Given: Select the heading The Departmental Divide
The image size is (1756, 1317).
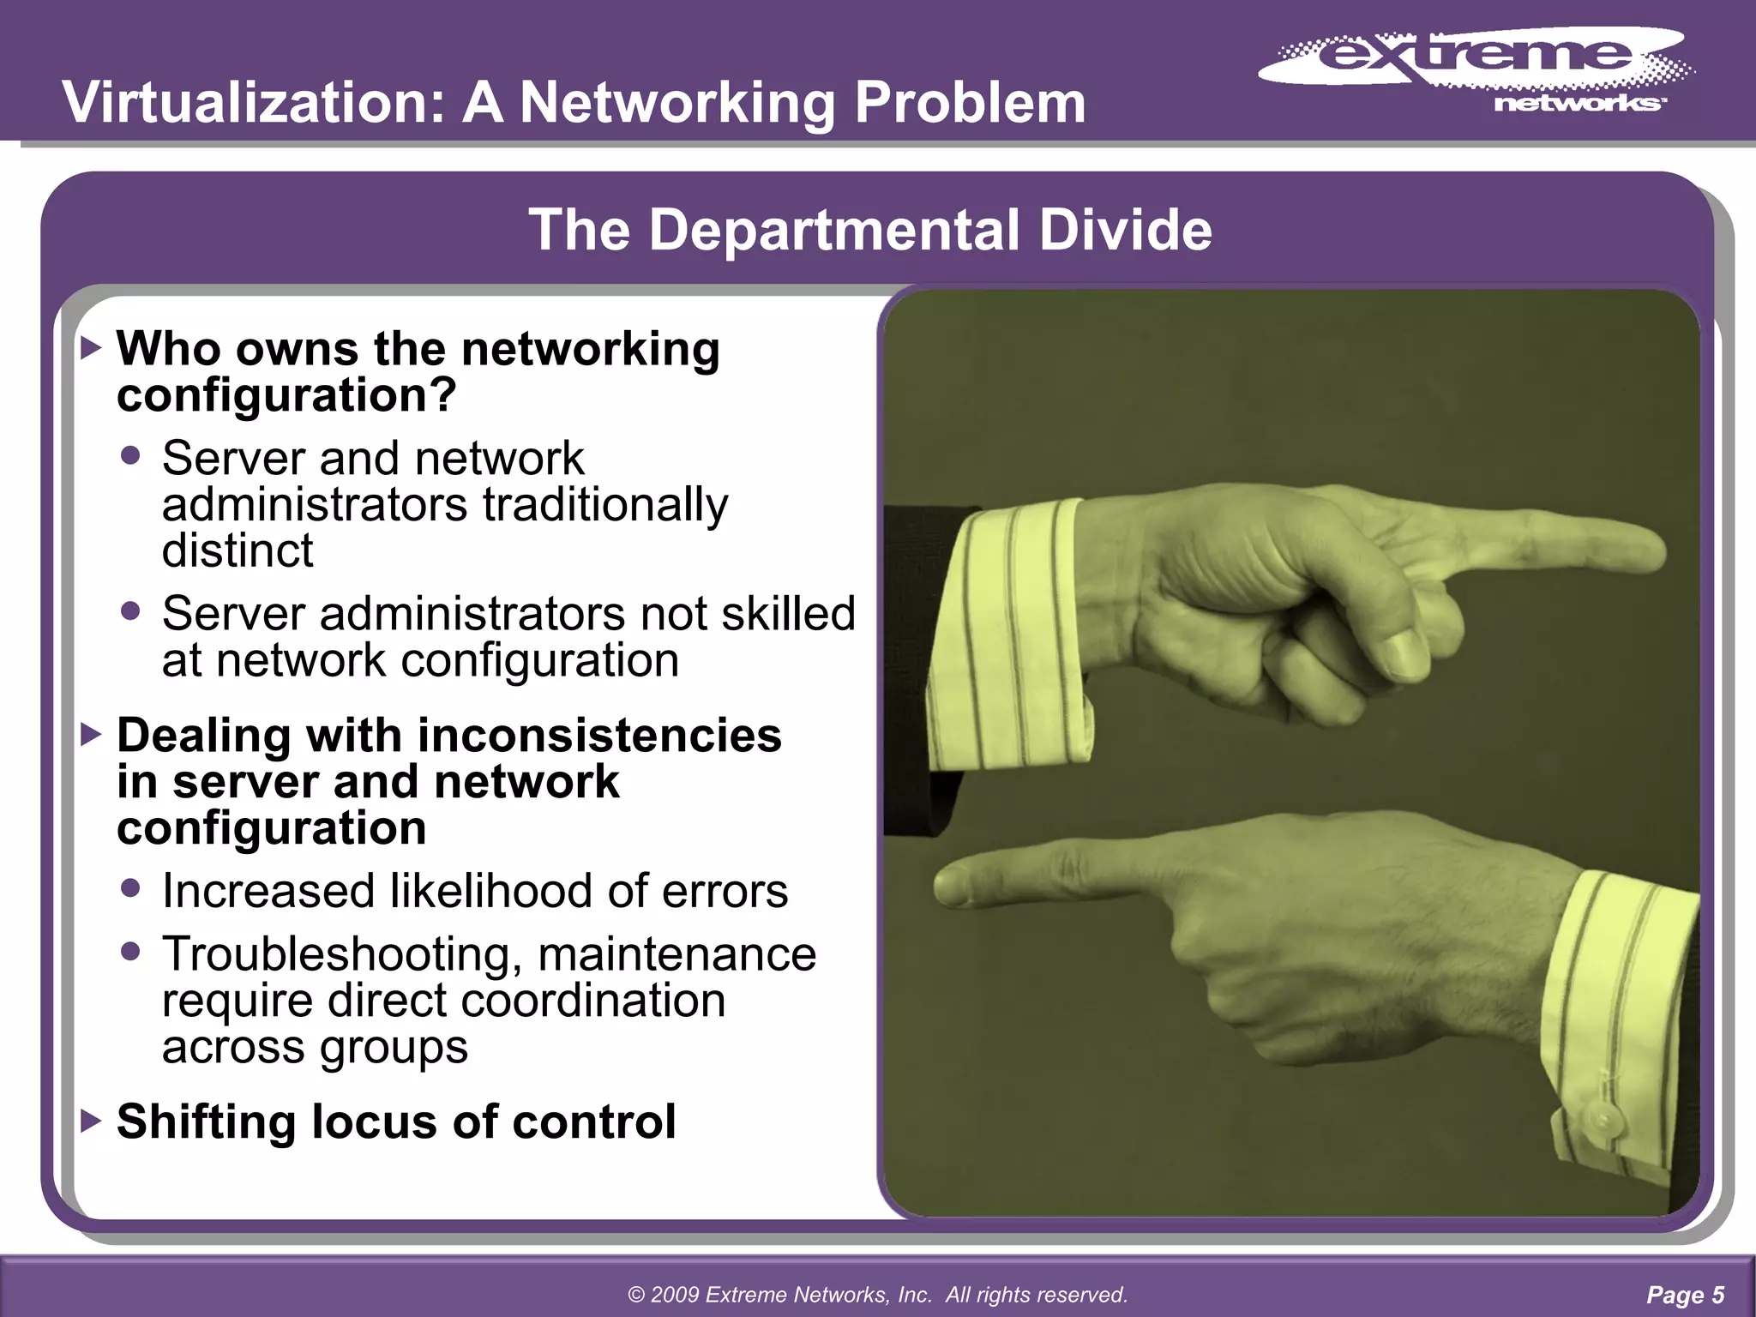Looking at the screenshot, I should pos(870,230).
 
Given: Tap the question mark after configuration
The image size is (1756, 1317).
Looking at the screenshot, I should pos(444,394).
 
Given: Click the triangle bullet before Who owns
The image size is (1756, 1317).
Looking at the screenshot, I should pos(91,348).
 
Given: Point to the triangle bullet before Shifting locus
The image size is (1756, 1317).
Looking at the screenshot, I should pos(91,1121).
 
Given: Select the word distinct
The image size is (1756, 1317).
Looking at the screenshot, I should pos(238,550).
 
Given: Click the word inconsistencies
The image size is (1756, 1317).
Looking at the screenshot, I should pos(599,736).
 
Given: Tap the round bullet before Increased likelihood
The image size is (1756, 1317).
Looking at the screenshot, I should pos(130,888).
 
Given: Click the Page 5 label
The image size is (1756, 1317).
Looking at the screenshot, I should pos(1685,1295).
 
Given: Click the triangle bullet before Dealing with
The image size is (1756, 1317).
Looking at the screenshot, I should pos(91,735).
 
